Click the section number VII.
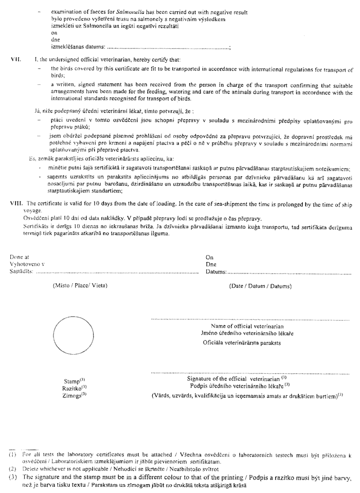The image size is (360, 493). [x=15, y=60]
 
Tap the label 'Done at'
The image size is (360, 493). [x=20, y=257]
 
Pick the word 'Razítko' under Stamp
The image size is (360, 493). [x=73, y=388]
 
